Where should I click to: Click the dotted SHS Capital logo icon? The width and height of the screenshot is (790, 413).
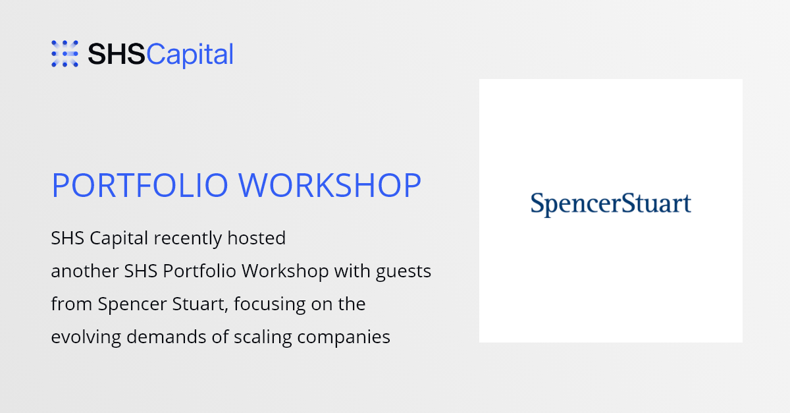(65, 53)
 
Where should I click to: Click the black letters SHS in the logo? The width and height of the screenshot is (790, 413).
(117, 55)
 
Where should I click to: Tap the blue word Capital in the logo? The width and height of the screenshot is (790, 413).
(190, 55)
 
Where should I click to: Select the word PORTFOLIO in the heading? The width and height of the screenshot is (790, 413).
(140, 185)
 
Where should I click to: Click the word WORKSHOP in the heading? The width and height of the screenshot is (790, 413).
(330, 185)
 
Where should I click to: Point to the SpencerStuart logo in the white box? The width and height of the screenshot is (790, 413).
(611, 204)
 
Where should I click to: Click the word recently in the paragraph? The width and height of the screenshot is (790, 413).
(188, 238)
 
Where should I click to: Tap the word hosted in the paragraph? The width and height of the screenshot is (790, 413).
(256, 238)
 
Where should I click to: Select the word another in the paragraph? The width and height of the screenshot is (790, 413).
(85, 271)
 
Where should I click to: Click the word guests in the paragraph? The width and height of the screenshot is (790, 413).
(404, 272)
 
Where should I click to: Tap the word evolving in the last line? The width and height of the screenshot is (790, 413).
(86, 337)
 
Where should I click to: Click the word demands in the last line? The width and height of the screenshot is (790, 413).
(166, 337)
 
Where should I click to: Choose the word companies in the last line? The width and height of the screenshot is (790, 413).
(344, 337)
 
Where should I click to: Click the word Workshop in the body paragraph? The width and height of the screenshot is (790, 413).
(285, 271)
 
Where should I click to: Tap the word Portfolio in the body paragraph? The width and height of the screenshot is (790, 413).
(199, 271)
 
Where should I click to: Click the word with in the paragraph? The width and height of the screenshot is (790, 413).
(352, 271)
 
